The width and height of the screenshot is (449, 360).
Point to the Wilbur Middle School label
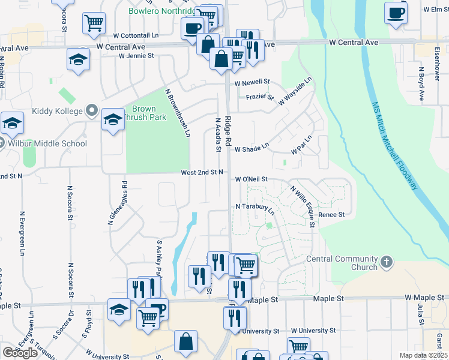(47, 143)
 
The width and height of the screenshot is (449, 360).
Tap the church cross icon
(387, 262)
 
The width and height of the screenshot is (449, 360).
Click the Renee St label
(332, 215)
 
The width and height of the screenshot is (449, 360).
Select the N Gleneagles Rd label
(118, 203)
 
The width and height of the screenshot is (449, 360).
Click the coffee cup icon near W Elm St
(396, 13)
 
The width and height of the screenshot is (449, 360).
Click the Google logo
(20, 353)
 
